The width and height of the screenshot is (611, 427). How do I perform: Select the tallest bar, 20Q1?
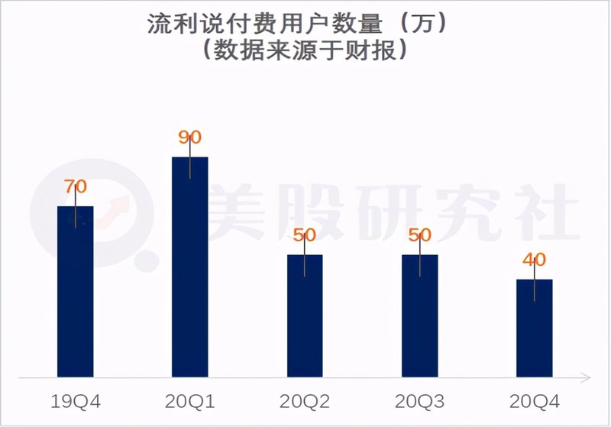[189, 267]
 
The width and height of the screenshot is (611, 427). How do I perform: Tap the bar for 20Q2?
[305, 316]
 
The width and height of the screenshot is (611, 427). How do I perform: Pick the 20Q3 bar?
[420, 316]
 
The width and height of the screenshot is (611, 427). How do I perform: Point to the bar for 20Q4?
[534, 328]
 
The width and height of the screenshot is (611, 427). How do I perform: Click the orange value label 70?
[76, 186]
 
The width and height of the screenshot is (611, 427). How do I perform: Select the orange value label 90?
[189, 137]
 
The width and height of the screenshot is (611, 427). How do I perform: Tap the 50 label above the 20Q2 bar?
[305, 235]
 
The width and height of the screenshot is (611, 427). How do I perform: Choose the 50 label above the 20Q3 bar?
[420, 235]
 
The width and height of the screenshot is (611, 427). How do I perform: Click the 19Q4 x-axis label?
[76, 401]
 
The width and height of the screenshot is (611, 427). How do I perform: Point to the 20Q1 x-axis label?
[189, 401]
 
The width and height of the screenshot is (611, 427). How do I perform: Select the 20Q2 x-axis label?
[305, 401]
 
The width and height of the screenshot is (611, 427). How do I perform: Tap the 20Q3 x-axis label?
[420, 401]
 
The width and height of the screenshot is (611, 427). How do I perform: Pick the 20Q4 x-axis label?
[534, 401]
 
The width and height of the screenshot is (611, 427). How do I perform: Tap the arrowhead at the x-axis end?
[585, 377]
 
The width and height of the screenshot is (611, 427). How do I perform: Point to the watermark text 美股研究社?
[390, 210]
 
